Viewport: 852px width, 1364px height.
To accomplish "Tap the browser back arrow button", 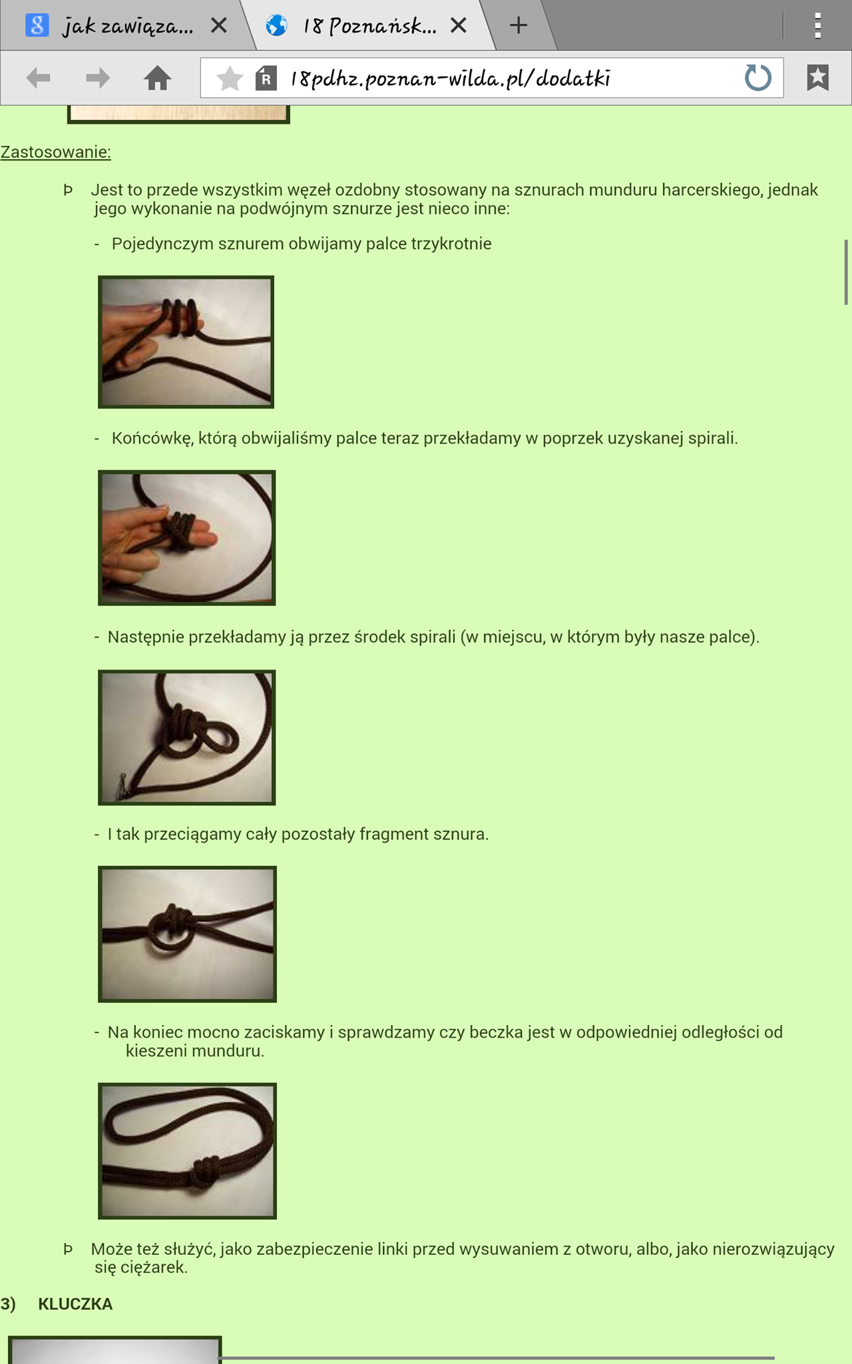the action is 39,78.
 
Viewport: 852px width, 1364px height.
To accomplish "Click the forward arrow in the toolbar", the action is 98,78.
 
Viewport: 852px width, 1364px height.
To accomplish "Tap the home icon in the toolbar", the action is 158,77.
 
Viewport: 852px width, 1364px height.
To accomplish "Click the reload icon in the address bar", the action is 757,77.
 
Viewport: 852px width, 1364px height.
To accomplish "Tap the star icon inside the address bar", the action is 230,78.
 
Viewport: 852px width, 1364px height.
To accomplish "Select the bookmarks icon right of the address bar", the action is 818,77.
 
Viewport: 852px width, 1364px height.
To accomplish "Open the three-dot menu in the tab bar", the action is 818,25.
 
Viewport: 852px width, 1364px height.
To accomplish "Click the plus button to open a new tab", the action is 519,25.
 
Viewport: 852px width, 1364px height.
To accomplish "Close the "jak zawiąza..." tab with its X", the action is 219,25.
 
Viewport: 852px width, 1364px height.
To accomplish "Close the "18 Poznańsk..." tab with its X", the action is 459,25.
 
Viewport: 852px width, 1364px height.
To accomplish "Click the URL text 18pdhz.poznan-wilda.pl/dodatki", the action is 450,79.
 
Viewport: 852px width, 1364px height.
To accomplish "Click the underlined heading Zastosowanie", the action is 55,152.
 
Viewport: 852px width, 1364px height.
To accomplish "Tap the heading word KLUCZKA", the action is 75,1304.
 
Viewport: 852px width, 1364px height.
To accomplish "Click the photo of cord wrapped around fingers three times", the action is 186,342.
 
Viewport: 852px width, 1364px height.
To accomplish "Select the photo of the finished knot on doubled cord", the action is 187,1151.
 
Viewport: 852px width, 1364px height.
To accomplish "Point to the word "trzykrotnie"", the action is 451,244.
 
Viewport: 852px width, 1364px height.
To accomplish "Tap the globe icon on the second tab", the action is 277,25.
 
